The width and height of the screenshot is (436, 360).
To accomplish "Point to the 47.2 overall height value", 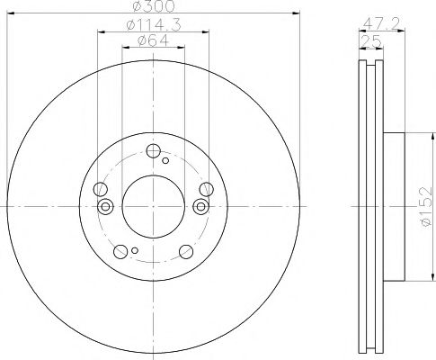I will (377, 25).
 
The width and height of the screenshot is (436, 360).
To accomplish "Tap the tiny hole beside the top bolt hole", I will (166, 161).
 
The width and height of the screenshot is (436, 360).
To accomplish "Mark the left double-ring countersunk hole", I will (105, 207).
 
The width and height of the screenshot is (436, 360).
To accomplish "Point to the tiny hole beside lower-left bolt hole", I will (133, 251).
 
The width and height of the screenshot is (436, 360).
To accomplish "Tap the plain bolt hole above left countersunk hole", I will (101, 189).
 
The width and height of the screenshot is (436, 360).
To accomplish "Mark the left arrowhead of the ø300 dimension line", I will (10, 13).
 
